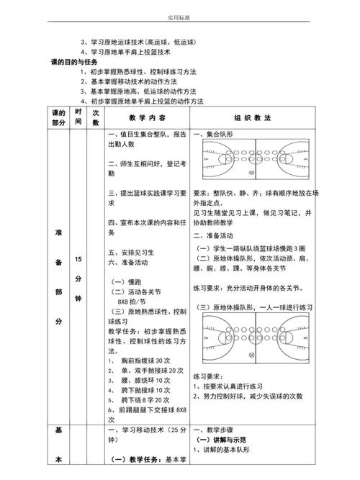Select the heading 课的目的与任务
point(81,63)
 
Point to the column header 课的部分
point(58,117)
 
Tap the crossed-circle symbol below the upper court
point(251,173)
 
